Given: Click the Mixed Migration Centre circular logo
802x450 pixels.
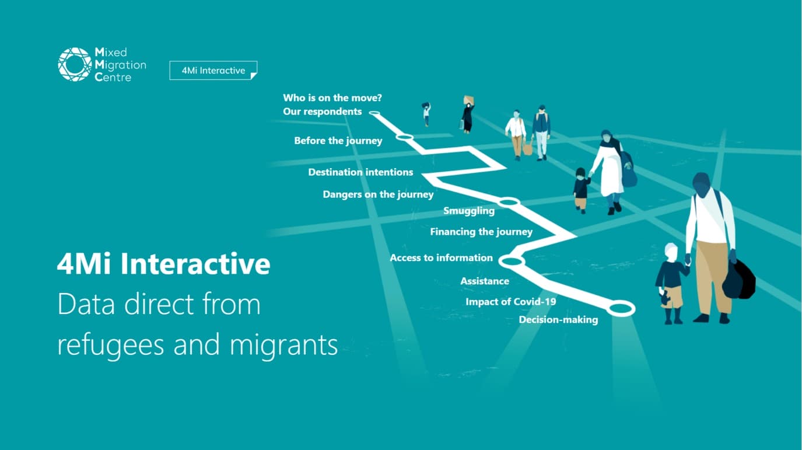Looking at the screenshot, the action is tap(75, 64).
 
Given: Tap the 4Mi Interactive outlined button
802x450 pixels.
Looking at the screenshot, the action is tap(213, 70).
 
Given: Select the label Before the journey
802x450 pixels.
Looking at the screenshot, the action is tap(338, 141).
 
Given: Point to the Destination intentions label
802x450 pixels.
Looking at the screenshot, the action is tap(360, 172).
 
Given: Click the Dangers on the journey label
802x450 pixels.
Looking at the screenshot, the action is tap(378, 194).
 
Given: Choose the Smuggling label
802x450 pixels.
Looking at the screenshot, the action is tap(469, 211).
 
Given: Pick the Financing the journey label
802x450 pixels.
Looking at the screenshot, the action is tap(481, 232).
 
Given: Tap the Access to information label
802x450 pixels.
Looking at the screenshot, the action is tap(441, 257).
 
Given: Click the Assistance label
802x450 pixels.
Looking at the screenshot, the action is tap(485, 281).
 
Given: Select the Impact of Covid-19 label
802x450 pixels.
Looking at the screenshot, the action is tap(511, 302).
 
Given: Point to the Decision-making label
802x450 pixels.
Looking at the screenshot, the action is tap(559, 320).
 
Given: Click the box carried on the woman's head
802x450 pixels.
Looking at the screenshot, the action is tap(469, 100).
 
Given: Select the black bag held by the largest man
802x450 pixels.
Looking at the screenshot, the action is tap(739, 280).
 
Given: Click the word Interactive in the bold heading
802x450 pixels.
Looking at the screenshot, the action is tap(195, 263).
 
